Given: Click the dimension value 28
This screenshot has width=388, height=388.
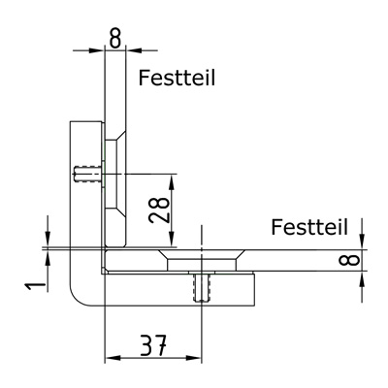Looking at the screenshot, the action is point(159,210).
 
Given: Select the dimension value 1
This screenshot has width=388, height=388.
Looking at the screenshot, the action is point(36,285).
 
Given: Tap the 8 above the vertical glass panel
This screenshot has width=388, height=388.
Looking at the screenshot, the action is point(115,38).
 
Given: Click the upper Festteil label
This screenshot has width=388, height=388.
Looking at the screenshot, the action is point(177,78).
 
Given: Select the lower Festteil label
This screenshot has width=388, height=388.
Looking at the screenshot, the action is point(309,227).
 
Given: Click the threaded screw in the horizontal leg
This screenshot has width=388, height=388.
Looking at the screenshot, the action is point(203,287).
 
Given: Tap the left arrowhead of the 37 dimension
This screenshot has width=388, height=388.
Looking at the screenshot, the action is point(113,358).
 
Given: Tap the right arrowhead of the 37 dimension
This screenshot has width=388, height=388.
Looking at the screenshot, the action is point(194,358).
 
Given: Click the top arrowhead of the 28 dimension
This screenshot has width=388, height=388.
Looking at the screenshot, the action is point(172,181).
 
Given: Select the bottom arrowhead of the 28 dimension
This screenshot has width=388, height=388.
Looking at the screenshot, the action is point(172,240).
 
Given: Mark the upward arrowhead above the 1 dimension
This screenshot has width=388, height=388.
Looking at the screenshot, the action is point(48,258).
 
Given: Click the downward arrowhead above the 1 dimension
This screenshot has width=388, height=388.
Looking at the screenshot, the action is point(48,240).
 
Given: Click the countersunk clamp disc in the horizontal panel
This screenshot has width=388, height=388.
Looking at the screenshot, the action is point(201,260).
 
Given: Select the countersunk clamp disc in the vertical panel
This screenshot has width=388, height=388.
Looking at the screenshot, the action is point(115,174).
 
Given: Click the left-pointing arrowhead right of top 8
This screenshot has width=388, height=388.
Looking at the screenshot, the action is point(134,50).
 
